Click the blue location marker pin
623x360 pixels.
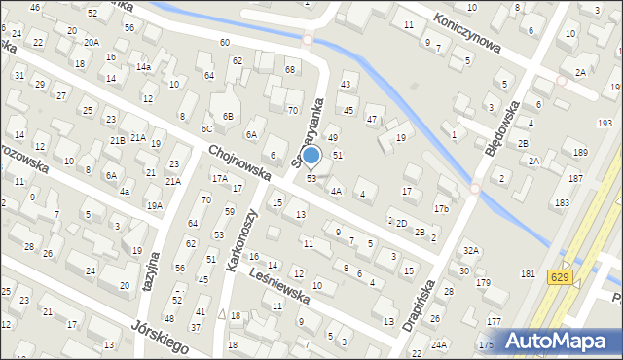coord(311,156)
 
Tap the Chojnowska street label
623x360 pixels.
coord(252,163)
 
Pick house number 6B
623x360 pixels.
coord(228,117)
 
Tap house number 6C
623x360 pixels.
coord(206,128)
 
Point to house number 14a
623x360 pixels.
coord(143,67)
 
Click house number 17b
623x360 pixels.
coord(441,209)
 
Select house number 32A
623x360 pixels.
coord(471,251)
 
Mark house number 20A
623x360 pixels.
coord(91,43)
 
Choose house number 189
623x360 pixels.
coord(580,153)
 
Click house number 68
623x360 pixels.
coord(289,69)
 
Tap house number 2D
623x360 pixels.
coord(401,223)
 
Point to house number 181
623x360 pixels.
coord(528,274)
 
